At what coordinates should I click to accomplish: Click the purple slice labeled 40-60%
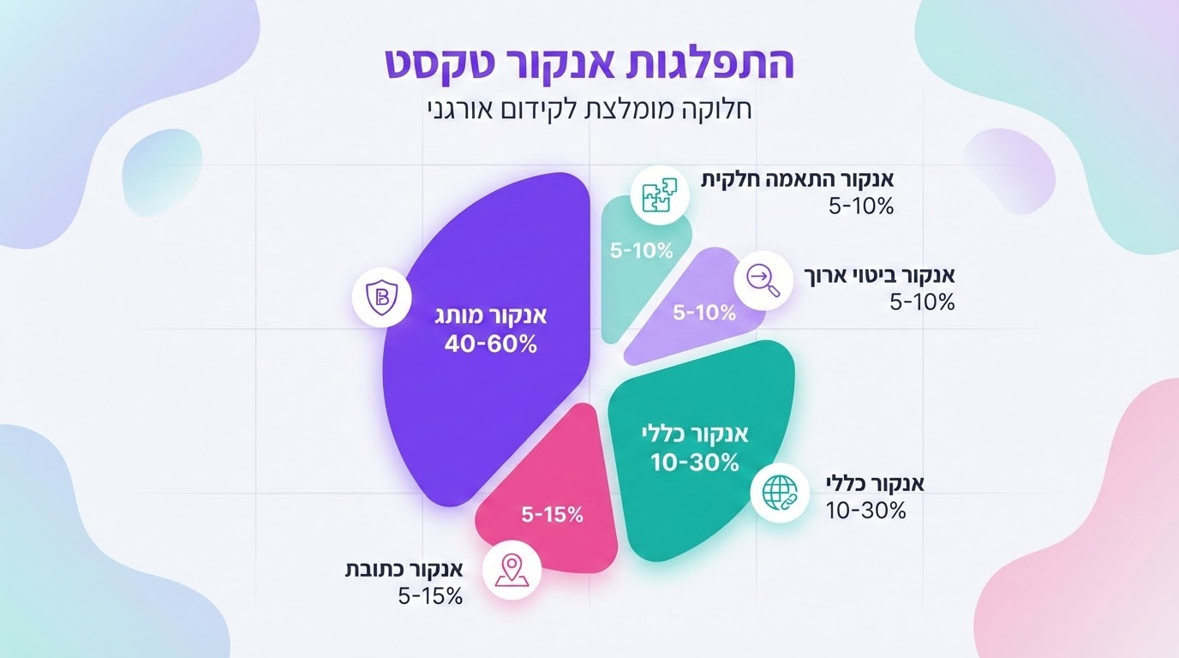coord(480,360)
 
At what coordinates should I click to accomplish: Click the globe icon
coord(778,491)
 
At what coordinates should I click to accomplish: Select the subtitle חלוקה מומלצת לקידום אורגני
coord(589,110)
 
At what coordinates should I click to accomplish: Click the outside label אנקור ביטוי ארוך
coord(881,276)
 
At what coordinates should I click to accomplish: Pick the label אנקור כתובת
coord(404,570)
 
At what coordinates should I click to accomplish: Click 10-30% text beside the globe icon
coord(866,511)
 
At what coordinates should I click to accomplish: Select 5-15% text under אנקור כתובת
coord(430,595)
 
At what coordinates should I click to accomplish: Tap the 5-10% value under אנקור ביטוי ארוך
coord(922,302)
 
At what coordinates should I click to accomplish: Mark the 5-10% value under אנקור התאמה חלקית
coord(862,206)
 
